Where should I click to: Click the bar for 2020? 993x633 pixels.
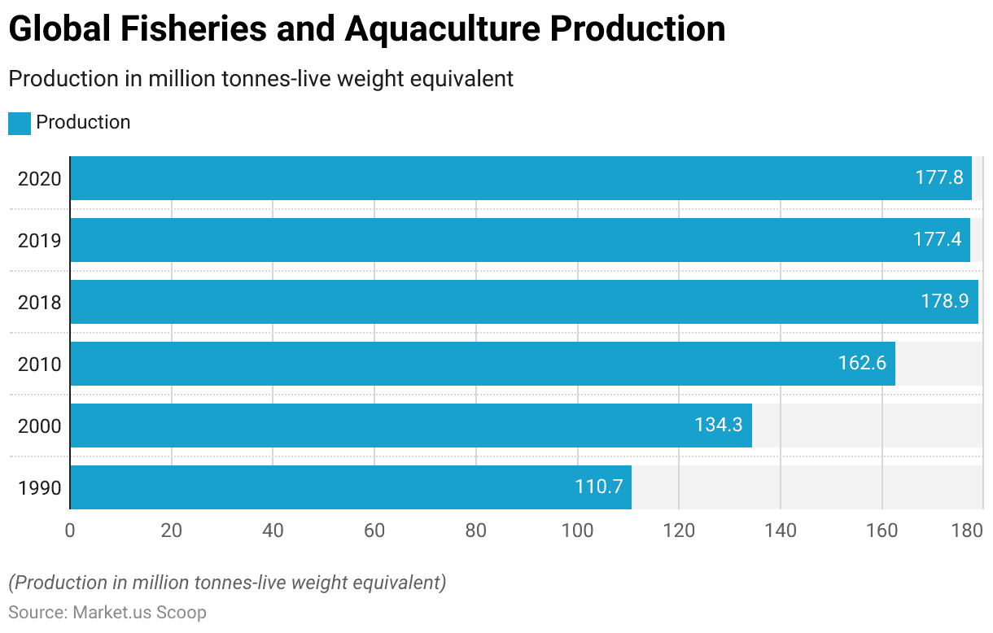click(521, 178)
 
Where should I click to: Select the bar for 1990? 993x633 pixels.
click(351, 487)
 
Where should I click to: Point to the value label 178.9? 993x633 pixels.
click(944, 302)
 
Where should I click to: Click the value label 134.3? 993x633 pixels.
click(718, 426)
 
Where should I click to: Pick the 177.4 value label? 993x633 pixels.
click(937, 240)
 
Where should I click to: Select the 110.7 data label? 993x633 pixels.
click(598, 487)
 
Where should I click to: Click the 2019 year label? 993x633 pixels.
click(40, 241)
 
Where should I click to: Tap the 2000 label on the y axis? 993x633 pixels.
click(40, 426)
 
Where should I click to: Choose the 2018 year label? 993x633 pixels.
click(40, 303)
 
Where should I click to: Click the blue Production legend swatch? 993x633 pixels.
click(20, 123)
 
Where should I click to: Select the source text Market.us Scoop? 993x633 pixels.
click(139, 613)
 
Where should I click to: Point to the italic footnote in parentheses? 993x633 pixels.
click(227, 583)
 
